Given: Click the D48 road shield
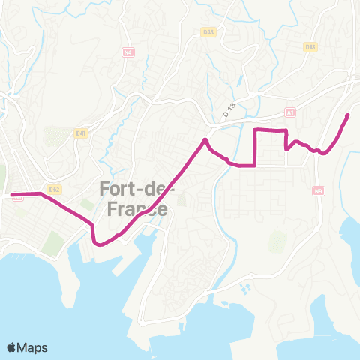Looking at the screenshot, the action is (208, 52).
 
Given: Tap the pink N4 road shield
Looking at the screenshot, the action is (128, 52).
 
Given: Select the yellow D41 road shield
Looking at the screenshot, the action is (81, 133).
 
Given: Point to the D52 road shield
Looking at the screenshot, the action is (53, 190).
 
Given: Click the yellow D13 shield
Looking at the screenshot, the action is (310, 46).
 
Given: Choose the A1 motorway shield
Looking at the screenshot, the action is (290, 112).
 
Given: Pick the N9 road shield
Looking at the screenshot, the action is (319, 190).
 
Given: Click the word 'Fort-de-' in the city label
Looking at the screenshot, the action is (137, 187).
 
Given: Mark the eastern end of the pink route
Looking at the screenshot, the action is (348, 115).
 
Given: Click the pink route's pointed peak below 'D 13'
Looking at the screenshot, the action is (205, 140).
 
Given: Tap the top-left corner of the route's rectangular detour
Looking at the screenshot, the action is (257, 130).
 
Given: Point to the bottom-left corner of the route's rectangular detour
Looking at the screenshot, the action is (257, 165).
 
